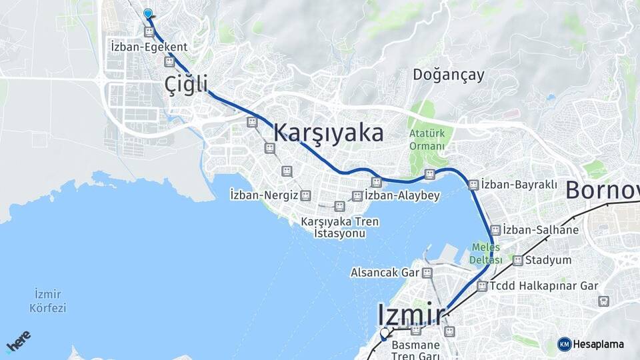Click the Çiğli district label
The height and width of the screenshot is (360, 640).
pos(187,85)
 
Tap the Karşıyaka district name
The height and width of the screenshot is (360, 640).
pos(328,133)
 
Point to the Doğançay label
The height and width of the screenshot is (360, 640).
pos(448,75)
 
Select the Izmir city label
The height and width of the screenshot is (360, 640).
pos(411,313)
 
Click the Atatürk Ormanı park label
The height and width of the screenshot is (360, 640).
pos(427,139)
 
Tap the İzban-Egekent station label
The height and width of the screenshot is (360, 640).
pos(149,47)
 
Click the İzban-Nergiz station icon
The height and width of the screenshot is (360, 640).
pos(305,195)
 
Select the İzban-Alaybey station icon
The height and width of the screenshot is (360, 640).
pos(357,196)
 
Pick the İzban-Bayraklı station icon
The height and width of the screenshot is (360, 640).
pos(473,185)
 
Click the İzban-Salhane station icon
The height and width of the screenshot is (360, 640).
pos(495,230)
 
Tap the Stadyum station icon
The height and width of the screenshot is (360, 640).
pos(517,260)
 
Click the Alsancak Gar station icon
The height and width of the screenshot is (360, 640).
pos(427,273)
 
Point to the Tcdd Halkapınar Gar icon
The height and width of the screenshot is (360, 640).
pos(482,286)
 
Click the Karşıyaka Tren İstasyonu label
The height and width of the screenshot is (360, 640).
pos(339,227)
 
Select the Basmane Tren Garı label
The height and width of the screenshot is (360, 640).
pos(415,350)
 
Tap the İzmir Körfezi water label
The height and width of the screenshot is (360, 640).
pos(47,301)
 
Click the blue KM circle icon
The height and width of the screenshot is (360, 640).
pos(564,344)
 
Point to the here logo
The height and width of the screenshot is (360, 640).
pos(18,341)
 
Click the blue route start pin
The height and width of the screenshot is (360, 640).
pos(147,13)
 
